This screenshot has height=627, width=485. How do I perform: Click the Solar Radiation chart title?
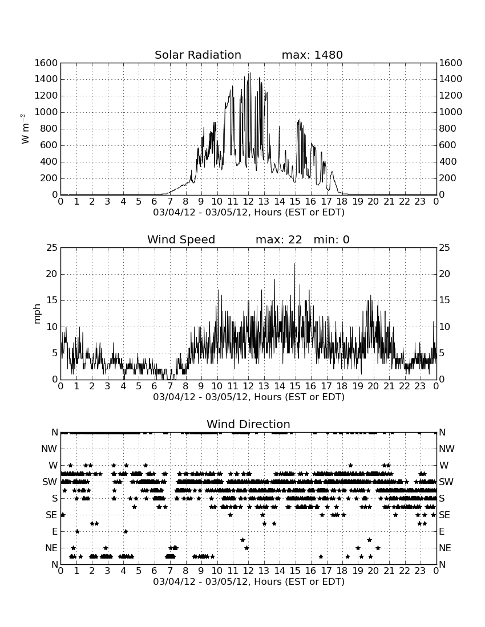[198, 55]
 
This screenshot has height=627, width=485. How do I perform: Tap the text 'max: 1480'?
[312, 55]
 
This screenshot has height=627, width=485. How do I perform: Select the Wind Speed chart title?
[181, 239]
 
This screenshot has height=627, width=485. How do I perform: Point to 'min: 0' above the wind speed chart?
[332, 239]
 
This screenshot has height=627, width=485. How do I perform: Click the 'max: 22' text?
[278, 239]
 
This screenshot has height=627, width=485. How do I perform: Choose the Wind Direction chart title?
[249, 424]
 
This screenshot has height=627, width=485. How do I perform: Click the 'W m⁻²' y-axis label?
[25, 129]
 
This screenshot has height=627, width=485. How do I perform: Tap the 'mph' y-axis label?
[37, 313]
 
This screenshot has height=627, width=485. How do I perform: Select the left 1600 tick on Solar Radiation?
[46, 63]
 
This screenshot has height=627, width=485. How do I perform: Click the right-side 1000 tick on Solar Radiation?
[451, 112]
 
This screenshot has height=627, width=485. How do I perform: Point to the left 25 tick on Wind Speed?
[52, 248]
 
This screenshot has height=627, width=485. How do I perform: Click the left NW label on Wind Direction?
[49, 449]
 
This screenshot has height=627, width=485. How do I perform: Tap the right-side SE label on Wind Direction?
[444, 515]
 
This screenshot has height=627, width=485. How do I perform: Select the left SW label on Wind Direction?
[50, 482]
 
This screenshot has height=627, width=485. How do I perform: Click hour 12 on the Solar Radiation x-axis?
[248, 202]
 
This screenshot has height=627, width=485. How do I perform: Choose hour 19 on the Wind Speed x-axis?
[358, 386]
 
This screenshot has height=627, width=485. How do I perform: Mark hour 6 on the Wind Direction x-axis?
[155, 571]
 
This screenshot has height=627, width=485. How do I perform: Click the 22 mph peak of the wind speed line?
[294, 263]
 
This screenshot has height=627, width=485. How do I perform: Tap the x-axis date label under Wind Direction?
[249, 581]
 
